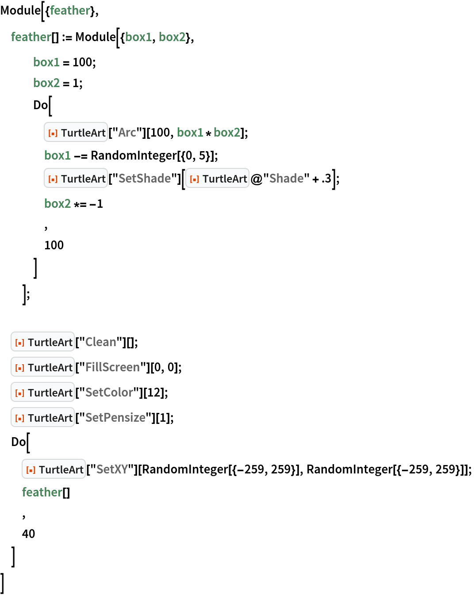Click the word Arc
(x=127, y=132)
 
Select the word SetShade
(x=145, y=178)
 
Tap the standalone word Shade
(x=286, y=178)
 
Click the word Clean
(x=100, y=342)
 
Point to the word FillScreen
(x=112, y=367)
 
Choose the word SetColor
(x=109, y=392)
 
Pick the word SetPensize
(x=115, y=417)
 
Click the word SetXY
(x=112, y=469)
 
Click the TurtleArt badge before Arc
(x=76, y=132)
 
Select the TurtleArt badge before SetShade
(x=76, y=178)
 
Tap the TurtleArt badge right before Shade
(x=217, y=178)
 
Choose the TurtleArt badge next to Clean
(x=42, y=342)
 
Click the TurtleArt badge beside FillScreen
(x=42, y=367)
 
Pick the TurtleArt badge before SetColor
(x=42, y=392)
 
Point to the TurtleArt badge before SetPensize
(x=42, y=417)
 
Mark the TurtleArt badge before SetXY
(x=54, y=469)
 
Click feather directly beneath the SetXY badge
(x=42, y=492)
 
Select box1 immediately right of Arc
(x=190, y=132)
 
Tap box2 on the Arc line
(x=227, y=132)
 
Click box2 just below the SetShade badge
(x=57, y=203)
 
